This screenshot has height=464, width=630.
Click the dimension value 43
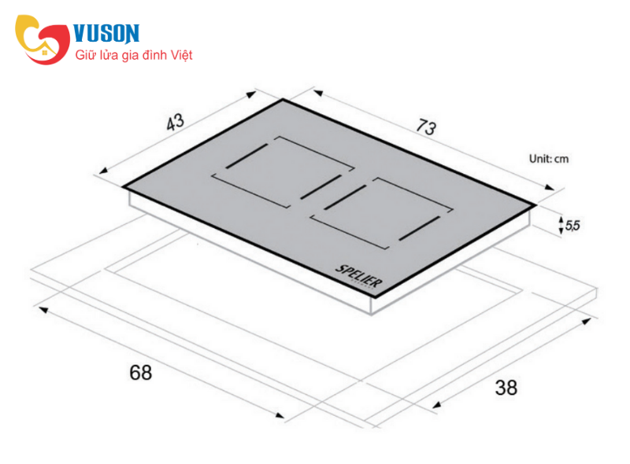coord(176,122)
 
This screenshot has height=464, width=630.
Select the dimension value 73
coord(426,127)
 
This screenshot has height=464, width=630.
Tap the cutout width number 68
coord(141,373)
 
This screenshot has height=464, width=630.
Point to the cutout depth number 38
coord(506,388)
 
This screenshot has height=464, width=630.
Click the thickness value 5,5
coord(573,226)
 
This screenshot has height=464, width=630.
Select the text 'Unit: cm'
coord(549,159)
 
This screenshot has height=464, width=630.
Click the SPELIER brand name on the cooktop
coord(359,276)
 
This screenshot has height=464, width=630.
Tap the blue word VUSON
coord(106,33)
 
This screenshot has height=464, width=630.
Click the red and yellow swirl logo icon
coord(43,39)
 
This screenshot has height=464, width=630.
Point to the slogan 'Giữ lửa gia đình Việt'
coord(134,55)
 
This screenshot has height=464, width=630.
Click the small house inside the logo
coord(45,52)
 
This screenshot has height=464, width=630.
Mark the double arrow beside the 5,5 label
coord(561,225)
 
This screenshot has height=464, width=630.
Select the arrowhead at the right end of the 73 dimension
coord(549,187)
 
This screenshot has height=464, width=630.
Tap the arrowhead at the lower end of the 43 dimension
coord(104,171)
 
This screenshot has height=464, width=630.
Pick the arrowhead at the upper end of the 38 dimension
coord(586,322)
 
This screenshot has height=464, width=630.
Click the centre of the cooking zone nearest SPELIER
coord(381,213)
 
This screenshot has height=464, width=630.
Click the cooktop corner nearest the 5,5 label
coord(536,205)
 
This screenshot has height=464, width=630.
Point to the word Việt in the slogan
coord(182,55)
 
